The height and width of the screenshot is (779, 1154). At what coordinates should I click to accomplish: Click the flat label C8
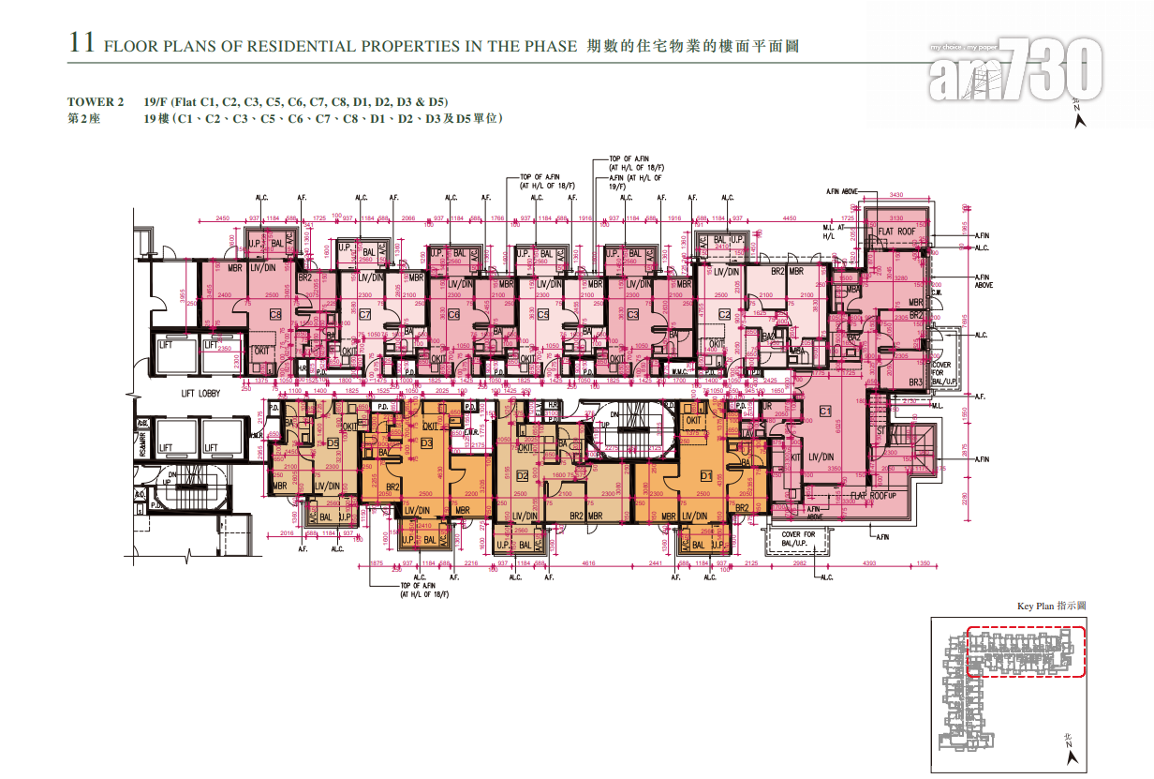[x=275, y=314]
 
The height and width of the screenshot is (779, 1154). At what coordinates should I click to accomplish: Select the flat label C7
[x=364, y=314]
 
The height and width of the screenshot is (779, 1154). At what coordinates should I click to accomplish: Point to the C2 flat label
[x=724, y=314]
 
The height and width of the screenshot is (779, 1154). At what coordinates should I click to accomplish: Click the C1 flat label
[x=825, y=411]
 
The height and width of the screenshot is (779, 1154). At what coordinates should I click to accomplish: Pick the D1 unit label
[x=705, y=476]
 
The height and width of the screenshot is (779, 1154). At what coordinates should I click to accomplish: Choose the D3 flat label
[x=426, y=442]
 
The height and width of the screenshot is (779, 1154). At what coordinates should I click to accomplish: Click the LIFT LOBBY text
[x=200, y=394]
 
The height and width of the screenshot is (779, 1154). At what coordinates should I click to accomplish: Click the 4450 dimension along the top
[x=790, y=217]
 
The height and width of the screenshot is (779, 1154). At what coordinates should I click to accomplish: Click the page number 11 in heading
[x=81, y=43]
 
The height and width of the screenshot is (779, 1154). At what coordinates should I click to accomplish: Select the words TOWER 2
[x=95, y=101]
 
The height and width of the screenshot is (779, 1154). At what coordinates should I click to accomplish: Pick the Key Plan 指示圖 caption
[x=1051, y=607]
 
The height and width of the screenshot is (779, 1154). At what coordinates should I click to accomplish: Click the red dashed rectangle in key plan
[x=1026, y=652]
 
